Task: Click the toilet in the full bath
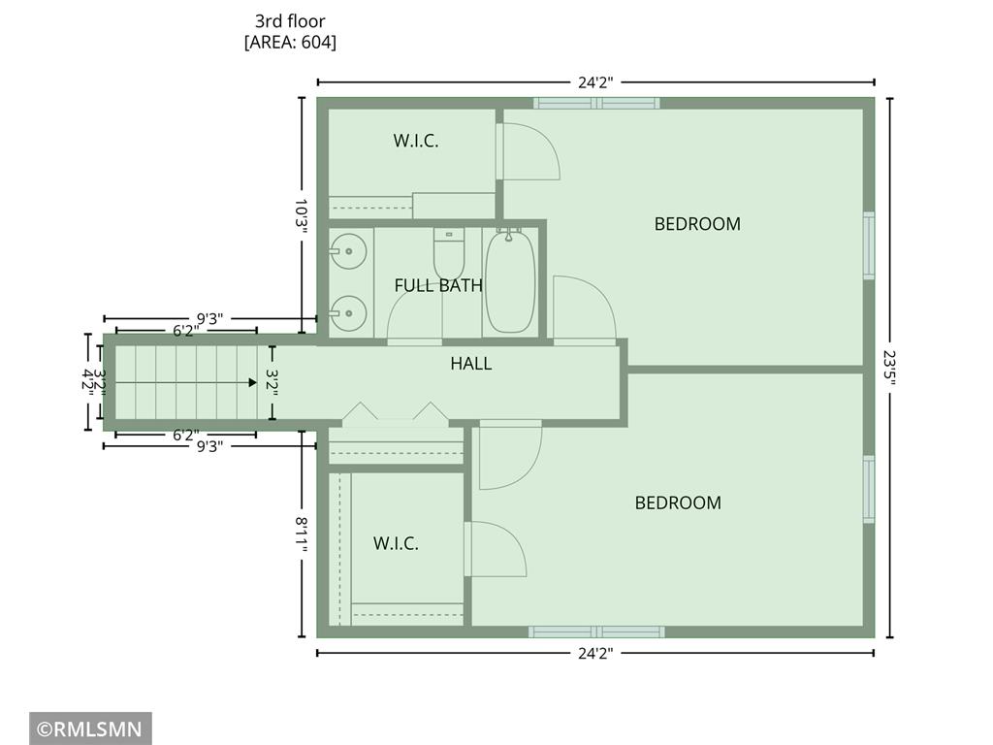click(x=449, y=252)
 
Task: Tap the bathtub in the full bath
click(x=510, y=281)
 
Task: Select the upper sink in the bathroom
click(x=348, y=251)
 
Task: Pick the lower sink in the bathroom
click(x=348, y=313)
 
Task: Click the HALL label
click(x=471, y=364)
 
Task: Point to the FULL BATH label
click(x=438, y=286)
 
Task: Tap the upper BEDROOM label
click(x=697, y=224)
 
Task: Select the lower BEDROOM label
click(x=678, y=503)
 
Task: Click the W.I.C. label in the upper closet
click(x=415, y=141)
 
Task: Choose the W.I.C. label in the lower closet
click(x=396, y=543)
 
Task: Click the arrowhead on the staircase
click(x=253, y=382)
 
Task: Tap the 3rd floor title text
click(x=290, y=21)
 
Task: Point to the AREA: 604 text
click(x=290, y=43)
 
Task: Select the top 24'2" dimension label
click(x=595, y=82)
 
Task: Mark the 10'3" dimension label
click(x=301, y=216)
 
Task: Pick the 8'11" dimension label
click(x=301, y=534)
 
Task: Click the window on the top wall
click(x=596, y=103)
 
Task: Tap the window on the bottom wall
click(x=596, y=632)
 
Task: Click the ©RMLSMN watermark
click(x=90, y=729)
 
